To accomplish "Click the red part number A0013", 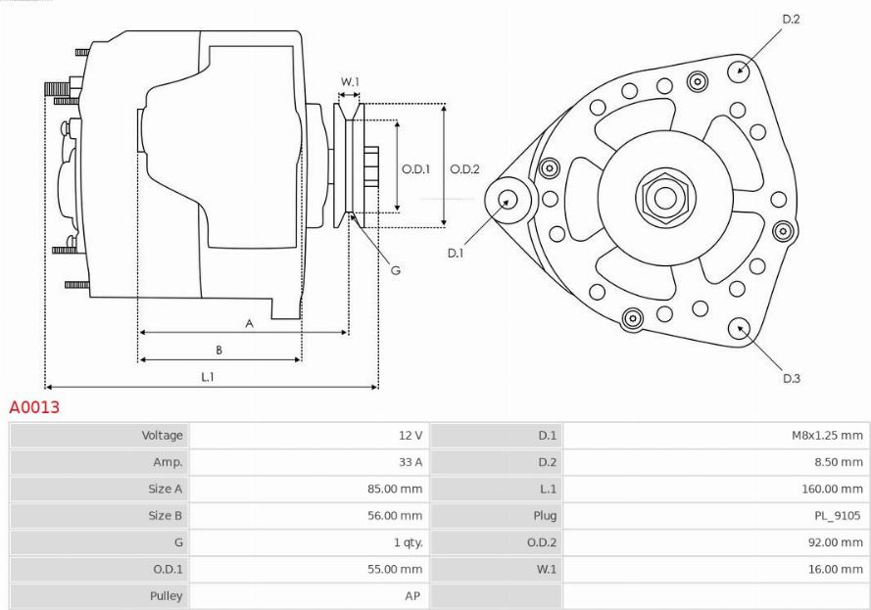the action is pos(34,407).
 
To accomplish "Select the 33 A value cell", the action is pos(310,462).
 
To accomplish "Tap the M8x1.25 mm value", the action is pos(827,436).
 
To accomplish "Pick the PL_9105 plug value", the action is pos(837,516).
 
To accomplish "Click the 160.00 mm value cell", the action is pos(716,489).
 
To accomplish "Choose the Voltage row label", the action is pos(162,435).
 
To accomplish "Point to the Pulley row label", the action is pos(166,595).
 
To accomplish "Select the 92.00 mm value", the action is pos(836,542).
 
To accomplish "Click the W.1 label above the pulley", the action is pos(350,81).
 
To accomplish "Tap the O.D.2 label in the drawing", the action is pos(464,168).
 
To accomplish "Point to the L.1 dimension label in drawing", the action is pos(207,377).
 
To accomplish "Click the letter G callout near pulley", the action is pos(396,270).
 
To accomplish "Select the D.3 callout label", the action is pos(792,378).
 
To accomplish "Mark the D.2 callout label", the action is pos(791,19).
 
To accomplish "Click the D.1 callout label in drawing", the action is pos(456,253).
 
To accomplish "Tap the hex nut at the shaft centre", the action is pos(665,197).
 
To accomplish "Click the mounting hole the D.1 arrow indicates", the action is pos(507,199).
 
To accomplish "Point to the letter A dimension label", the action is pos(250,323).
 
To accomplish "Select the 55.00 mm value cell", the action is pos(310,569).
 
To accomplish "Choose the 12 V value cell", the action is pos(310,435).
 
